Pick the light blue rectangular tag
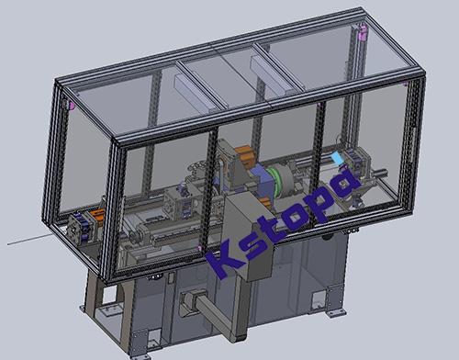337,158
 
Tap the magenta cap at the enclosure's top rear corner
363,32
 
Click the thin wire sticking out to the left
28,240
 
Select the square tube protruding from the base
213,312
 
